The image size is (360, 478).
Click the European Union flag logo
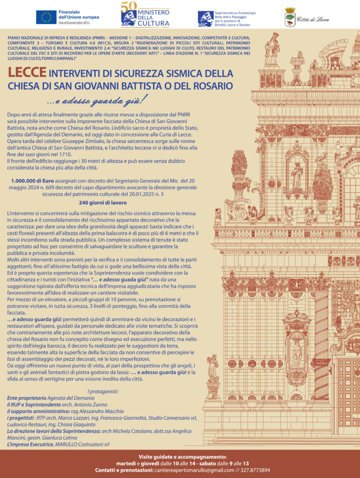(46, 17)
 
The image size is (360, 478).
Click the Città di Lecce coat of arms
(290, 17)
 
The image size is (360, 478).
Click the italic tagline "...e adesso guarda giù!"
(97, 99)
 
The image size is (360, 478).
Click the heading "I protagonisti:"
(103, 391)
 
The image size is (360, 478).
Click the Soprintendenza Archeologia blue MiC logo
(205, 18)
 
